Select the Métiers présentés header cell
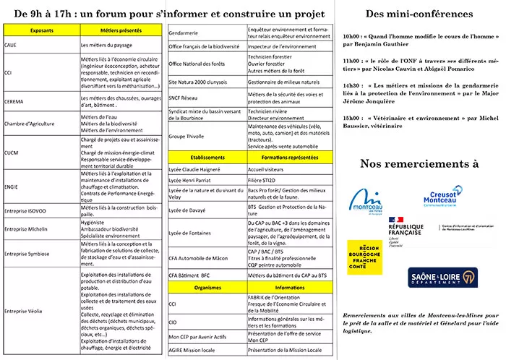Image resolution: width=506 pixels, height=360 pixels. pyautogui.click(x=115, y=31)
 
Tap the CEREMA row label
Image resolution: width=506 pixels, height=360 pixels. pyautogui.click(x=15, y=102)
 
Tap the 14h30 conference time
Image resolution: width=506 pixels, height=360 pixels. pyautogui.click(x=352, y=85)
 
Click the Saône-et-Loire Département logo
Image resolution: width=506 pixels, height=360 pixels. pyautogui.click(x=422, y=278)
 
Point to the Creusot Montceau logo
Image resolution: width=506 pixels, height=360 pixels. pyautogui.click(x=442, y=197)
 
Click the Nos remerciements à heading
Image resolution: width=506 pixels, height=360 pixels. pyautogui.click(x=419, y=163)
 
